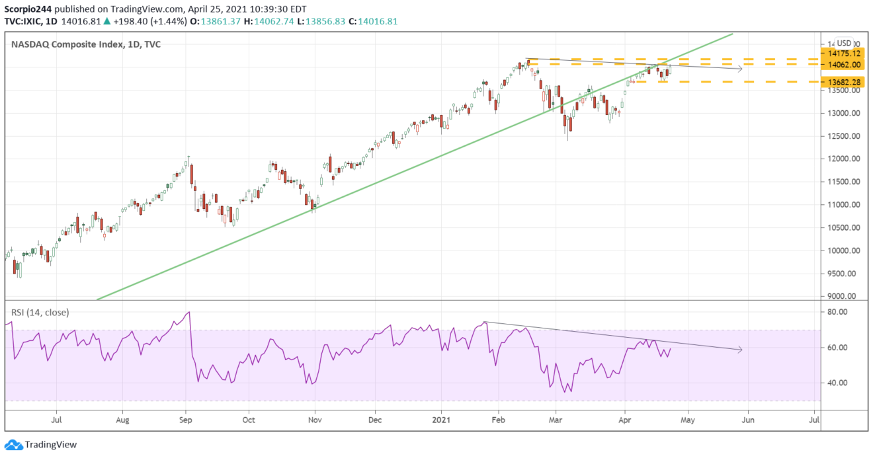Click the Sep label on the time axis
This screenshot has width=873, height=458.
tap(185, 419)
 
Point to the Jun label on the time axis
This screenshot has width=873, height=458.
tap(749, 419)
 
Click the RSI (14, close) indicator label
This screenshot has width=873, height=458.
tap(40, 312)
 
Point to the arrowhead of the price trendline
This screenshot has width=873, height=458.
tap(740, 68)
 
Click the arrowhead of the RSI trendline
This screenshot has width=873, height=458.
tap(740, 350)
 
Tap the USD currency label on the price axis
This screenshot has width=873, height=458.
tap(845, 42)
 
